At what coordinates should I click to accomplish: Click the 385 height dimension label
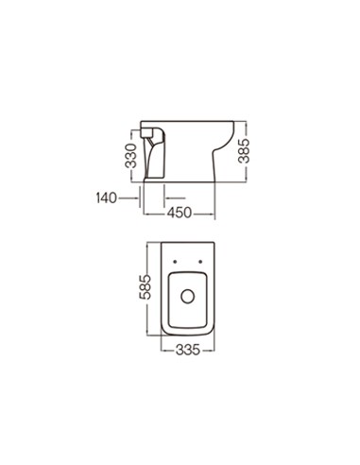[244, 151]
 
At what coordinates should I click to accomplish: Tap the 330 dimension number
[131, 156]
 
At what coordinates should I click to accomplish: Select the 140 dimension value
[107, 198]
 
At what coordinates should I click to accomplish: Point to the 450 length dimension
[179, 213]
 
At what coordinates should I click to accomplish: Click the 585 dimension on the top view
[146, 286]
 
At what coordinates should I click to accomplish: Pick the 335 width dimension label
[188, 350]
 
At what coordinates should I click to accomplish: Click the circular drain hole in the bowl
[188, 297]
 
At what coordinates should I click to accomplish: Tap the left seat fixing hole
[175, 262]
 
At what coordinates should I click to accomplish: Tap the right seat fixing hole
[200, 262]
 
